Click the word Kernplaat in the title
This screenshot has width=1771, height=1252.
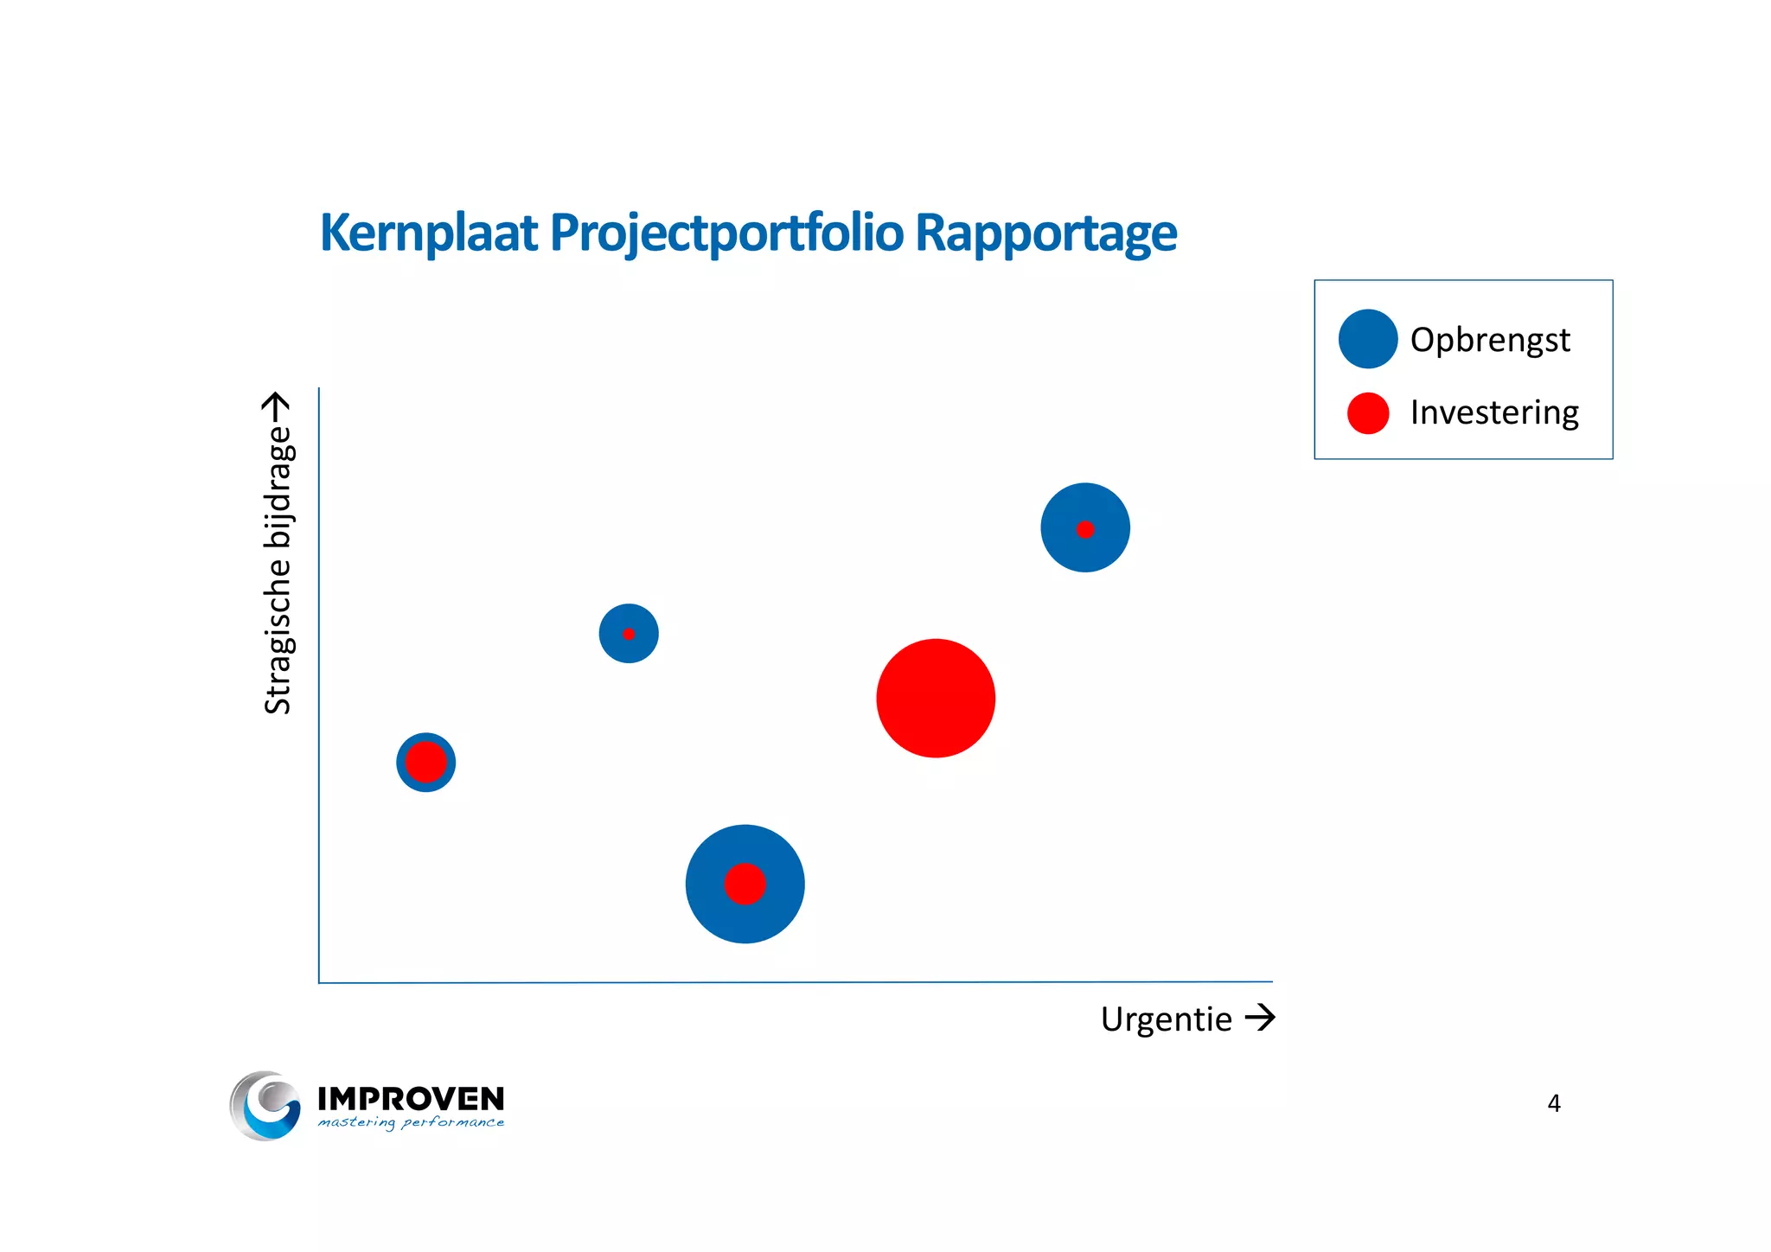point(429,233)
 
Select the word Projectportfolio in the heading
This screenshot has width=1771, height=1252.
point(726,233)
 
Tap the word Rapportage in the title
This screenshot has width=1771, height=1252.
point(1045,233)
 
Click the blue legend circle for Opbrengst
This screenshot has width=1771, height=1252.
point(1367,339)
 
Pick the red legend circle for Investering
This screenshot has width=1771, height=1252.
point(1367,412)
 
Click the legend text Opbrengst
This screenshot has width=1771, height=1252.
point(1489,340)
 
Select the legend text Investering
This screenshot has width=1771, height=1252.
point(1493,412)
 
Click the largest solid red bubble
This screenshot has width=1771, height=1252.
point(936,698)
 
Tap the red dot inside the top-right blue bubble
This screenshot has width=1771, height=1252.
point(1085,529)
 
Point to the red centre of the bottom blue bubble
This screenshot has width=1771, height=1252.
point(745,884)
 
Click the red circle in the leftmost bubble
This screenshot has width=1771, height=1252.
point(425,762)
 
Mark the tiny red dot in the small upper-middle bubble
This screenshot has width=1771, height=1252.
point(629,634)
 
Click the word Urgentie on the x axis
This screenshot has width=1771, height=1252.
point(1166,1019)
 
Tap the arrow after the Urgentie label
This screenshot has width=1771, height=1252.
point(1260,1017)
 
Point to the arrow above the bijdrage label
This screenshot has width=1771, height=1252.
point(276,406)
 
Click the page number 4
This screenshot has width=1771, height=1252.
point(1553,1103)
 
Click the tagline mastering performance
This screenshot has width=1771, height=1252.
point(411,1122)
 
